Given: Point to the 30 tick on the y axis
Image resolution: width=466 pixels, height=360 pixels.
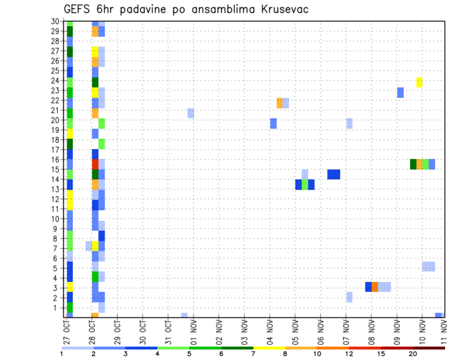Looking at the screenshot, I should click(x=55, y=21).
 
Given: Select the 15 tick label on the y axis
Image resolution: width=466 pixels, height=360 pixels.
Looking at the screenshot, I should click(x=55, y=169).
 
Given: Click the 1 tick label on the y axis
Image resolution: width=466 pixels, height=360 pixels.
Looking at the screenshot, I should click(x=56, y=307).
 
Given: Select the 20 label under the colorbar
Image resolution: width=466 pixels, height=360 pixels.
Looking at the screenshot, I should click(x=413, y=354).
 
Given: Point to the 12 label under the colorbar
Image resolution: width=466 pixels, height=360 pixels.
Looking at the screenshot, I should click(x=349, y=354).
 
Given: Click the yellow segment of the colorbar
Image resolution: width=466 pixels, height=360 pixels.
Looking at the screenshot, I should click(x=269, y=348).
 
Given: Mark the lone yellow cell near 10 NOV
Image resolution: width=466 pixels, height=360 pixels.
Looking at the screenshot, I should click(x=419, y=82).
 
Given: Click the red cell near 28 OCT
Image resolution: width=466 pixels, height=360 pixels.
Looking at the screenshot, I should click(x=95, y=164).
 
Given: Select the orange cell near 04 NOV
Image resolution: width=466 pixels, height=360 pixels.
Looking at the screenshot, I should click(x=280, y=103).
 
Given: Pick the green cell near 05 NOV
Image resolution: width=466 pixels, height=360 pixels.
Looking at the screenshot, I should click(x=305, y=184).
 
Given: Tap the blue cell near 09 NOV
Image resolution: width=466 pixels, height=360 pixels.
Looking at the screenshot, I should click(x=400, y=92).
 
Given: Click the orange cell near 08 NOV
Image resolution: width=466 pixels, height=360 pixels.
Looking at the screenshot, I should click(x=375, y=287).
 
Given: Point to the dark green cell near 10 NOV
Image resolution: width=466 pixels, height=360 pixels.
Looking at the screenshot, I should click(x=413, y=164).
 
